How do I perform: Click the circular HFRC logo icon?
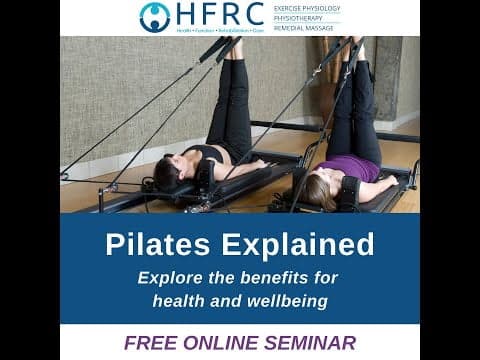click(x=155, y=17)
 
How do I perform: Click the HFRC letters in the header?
click(x=218, y=14)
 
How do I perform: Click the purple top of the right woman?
click(x=359, y=168)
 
